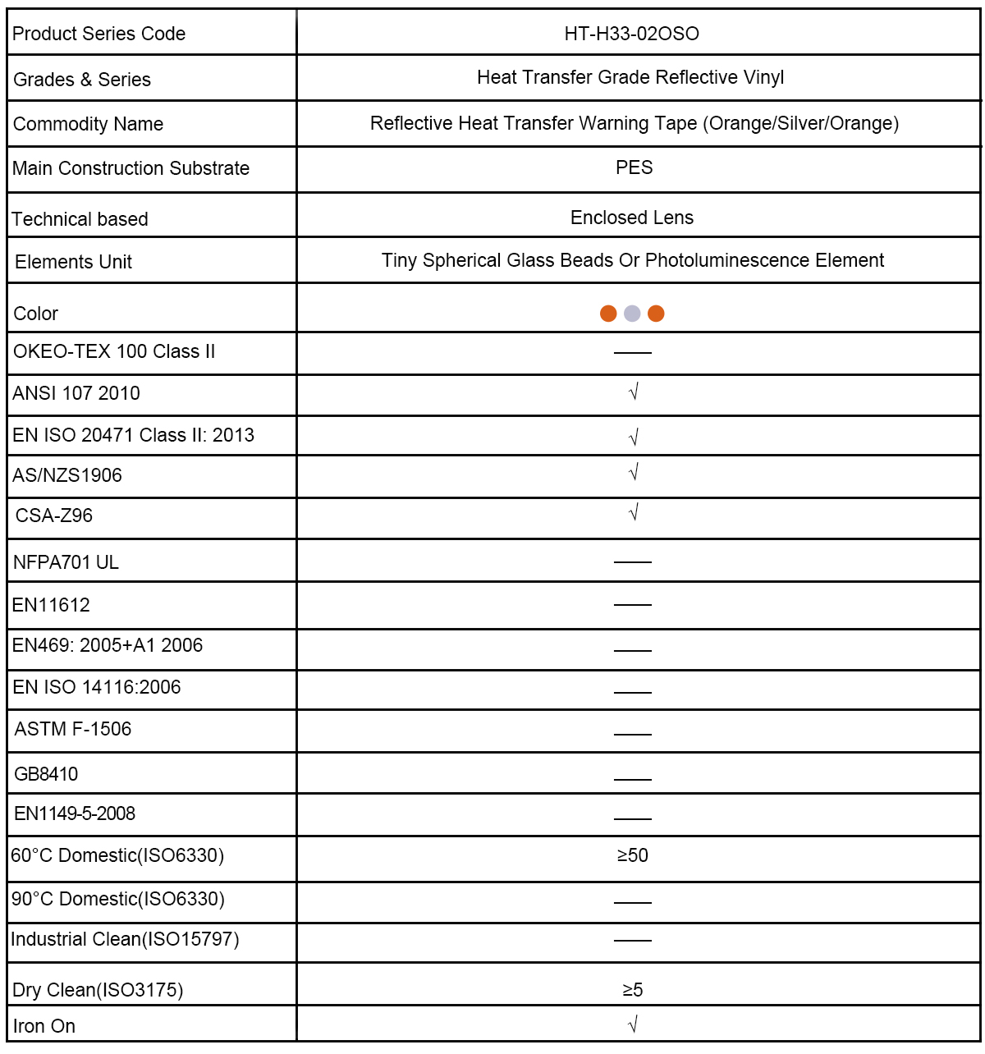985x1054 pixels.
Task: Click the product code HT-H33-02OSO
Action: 631,34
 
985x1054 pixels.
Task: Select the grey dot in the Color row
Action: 632,314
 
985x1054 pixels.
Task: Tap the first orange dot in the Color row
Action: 608,314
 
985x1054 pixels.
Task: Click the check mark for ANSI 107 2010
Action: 633,392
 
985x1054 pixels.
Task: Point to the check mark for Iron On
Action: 633,1024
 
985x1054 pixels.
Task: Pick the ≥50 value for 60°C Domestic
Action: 633,855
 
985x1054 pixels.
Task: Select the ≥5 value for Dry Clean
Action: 633,990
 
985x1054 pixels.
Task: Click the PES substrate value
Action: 635,167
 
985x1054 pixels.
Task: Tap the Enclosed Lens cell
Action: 632,218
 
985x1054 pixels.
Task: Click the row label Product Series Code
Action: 99,34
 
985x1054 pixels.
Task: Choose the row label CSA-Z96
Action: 54,516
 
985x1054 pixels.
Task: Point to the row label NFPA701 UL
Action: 66,562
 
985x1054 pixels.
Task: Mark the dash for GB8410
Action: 633,779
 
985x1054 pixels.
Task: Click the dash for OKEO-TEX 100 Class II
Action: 633,353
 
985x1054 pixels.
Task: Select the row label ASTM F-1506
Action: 73,729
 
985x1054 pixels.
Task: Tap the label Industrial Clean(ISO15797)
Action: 125,939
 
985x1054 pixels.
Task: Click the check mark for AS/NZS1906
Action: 633,473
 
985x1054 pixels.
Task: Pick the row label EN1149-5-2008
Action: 75,813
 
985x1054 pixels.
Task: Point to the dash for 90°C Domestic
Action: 633,902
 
